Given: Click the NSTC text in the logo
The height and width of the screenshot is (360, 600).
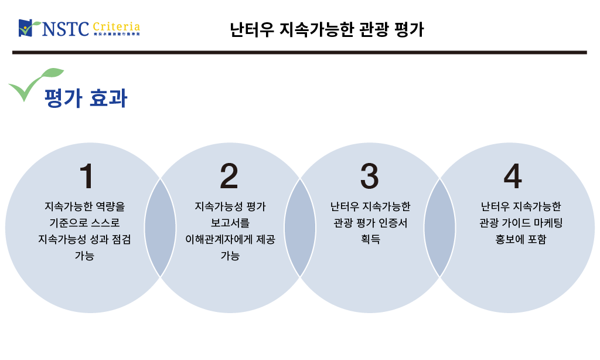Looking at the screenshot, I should pyautogui.click(x=64, y=28).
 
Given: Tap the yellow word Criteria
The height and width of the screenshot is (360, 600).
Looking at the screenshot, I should pyautogui.click(x=116, y=26).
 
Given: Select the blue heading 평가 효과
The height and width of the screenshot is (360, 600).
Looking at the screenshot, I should pyautogui.click(x=86, y=98).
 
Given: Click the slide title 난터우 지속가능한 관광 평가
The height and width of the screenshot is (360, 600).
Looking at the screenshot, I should pyautogui.click(x=327, y=29).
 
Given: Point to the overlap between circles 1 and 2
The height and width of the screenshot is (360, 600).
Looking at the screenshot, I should pyautogui.click(x=160, y=227).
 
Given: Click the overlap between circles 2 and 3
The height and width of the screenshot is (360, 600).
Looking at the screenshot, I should pyautogui.click(x=299, y=227).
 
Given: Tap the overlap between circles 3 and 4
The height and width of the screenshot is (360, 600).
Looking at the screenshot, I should pyautogui.click(x=439, y=227).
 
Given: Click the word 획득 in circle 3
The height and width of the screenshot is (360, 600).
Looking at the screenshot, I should pyautogui.click(x=370, y=239).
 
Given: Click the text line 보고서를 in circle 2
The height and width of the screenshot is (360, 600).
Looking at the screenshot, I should pyautogui.click(x=229, y=223).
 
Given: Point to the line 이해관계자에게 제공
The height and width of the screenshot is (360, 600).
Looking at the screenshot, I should pyautogui.click(x=229, y=239).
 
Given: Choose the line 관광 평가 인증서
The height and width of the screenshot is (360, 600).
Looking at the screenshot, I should pyautogui.click(x=370, y=223).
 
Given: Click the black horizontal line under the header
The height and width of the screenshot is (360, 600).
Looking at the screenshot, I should pyautogui.click(x=299, y=52).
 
